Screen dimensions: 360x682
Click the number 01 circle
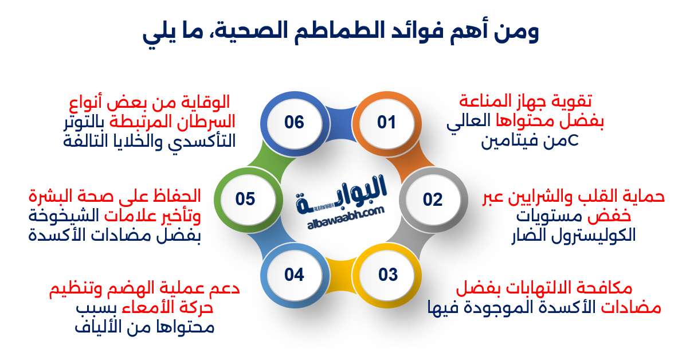point(386,122)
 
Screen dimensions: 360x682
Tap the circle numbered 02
point(433,199)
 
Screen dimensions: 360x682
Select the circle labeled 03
point(387,275)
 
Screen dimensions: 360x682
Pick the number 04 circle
point(293,275)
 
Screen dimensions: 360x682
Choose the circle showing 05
point(245,199)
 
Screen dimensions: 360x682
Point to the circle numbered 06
point(293,122)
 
